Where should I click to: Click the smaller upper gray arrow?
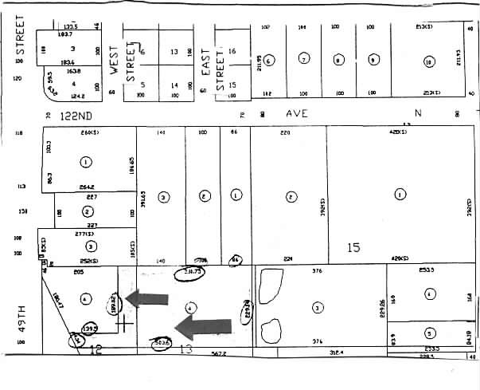pyautogui.click(x=147, y=298)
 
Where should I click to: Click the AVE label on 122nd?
pyautogui.click(x=297, y=114)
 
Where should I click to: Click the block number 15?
pyautogui.click(x=353, y=248)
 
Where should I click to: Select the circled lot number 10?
pyautogui.click(x=429, y=61)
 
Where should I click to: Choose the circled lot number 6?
pyautogui.click(x=269, y=61)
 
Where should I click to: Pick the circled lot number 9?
pyautogui.click(x=373, y=60)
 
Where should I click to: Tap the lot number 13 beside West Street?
pyautogui.click(x=174, y=52)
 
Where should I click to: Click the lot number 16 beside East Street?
pyautogui.click(x=232, y=51)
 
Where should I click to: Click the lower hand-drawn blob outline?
pyautogui.click(x=271, y=330)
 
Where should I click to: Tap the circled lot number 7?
pyautogui.click(x=303, y=59)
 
